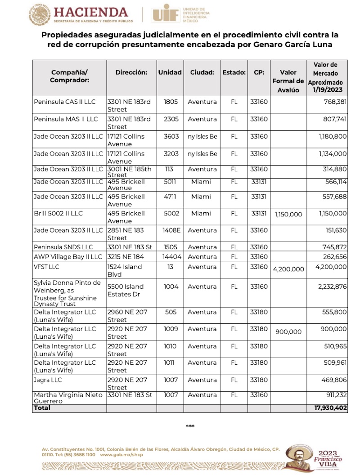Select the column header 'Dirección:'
131,72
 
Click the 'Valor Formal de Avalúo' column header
288,81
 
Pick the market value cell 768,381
333,102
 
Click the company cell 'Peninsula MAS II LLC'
66,119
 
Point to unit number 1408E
171,230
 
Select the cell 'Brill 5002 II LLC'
58,213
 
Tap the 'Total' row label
42,408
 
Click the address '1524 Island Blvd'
124,270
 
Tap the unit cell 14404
171,257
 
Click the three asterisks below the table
190,426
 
